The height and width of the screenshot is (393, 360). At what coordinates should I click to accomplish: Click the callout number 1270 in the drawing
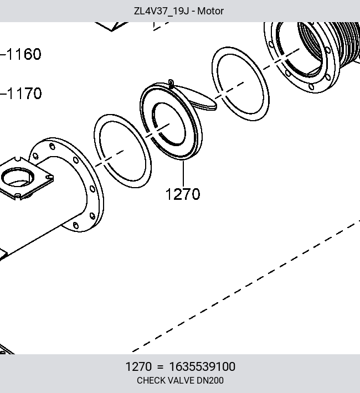tap(183, 194)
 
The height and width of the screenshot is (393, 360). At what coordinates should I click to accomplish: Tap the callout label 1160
tap(24, 54)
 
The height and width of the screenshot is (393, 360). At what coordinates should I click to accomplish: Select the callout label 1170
tap(24, 94)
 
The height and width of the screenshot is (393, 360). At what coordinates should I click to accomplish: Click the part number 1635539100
tap(202, 366)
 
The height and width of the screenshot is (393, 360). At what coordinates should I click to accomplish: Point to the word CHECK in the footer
tap(148, 380)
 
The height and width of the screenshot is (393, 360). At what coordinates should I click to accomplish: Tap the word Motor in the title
tap(210, 11)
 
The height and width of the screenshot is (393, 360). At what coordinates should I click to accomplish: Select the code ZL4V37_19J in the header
tap(161, 11)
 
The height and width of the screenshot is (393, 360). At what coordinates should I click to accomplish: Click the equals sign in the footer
tap(160, 367)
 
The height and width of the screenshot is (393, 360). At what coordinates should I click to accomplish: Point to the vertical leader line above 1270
tap(183, 173)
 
